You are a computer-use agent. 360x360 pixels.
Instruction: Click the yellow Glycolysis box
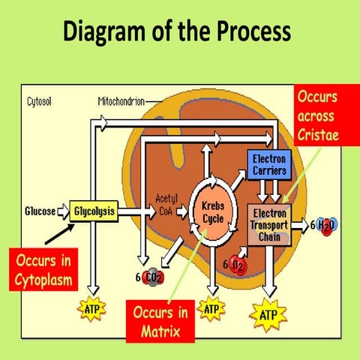tap(95, 211)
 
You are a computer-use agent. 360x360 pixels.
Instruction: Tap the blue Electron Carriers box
tap(268, 164)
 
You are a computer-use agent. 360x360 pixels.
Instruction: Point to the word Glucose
tap(40, 211)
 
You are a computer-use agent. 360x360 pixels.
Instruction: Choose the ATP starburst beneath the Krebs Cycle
tap(212, 307)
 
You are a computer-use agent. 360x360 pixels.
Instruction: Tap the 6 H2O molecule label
tap(320, 223)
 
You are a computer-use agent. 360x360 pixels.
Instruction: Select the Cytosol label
tap(39, 100)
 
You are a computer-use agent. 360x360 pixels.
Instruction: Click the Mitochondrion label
tap(121, 100)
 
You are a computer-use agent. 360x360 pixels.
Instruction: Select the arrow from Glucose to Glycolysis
tap(64, 211)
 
